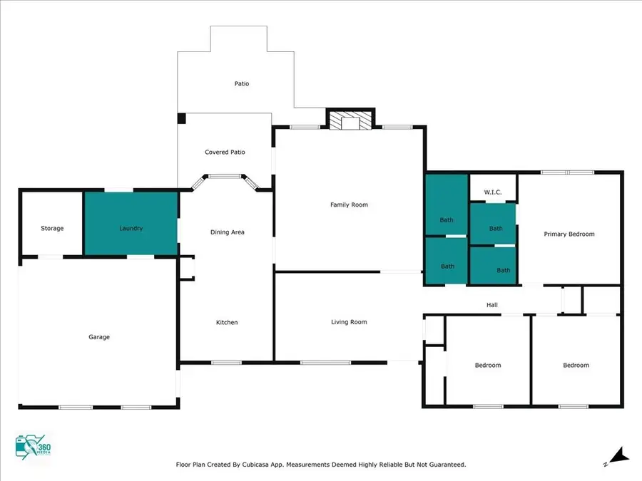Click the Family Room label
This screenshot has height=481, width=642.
349,205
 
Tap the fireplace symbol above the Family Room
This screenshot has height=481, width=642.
350,120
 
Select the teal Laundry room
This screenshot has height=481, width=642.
131,223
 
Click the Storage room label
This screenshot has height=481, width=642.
52,229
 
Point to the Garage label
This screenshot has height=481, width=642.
99,337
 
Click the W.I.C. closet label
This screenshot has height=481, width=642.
494,192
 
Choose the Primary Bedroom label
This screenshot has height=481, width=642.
569,234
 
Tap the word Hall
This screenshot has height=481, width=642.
492,305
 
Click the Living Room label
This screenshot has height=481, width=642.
349,322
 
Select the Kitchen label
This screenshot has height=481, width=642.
227,323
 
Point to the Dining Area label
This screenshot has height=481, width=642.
228,232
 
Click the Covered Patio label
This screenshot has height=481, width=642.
225,152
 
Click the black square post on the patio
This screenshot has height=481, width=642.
182,118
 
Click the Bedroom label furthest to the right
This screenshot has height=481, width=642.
576,366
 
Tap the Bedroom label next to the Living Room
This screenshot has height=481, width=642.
488,366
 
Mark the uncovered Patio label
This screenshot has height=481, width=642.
242,84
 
